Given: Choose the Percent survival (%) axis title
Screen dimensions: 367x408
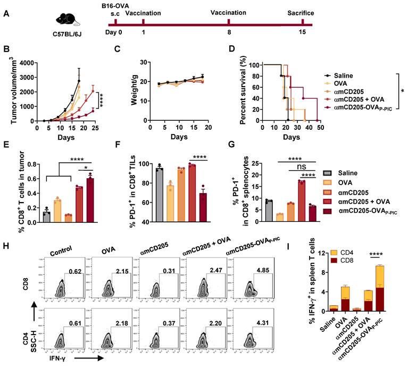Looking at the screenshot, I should (244, 91).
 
